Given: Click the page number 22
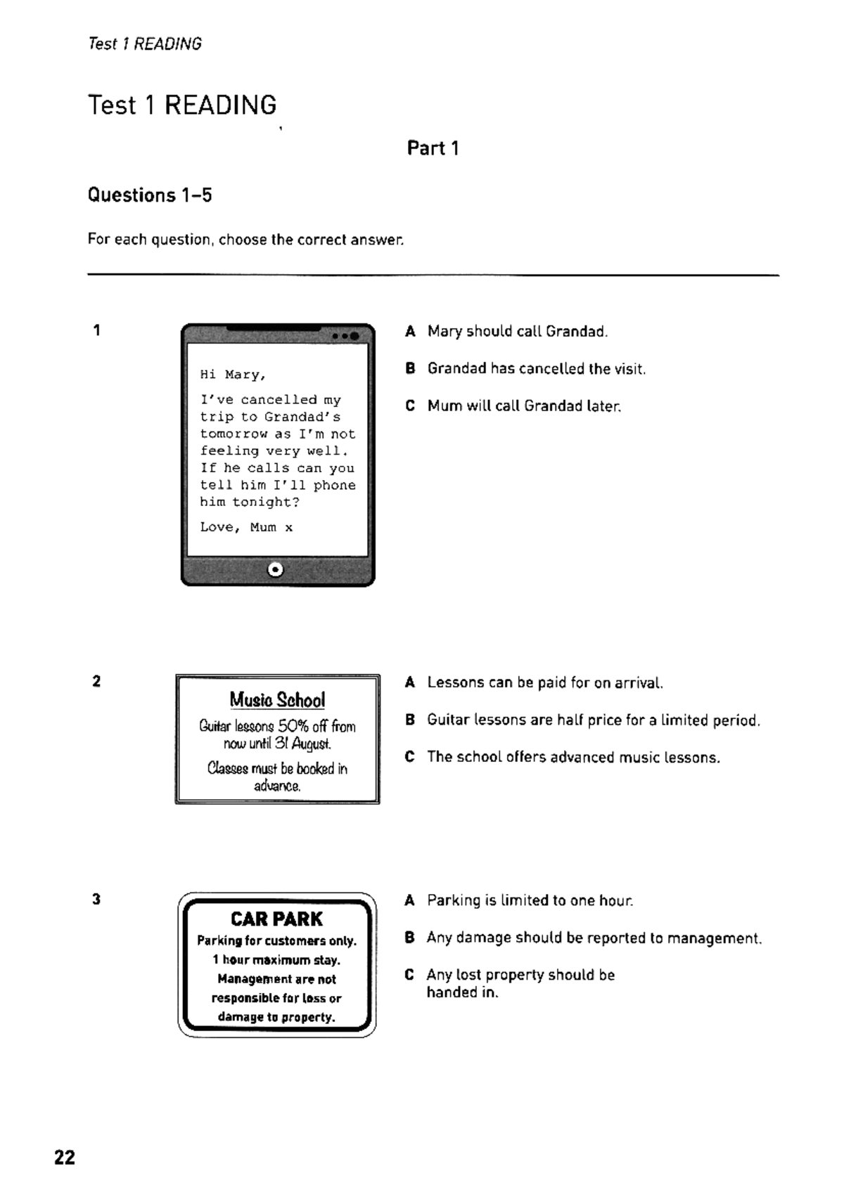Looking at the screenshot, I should point(65,1157).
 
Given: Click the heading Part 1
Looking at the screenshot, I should point(433,148).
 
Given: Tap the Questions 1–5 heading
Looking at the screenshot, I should point(150,195).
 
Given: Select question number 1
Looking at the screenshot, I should point(96,330).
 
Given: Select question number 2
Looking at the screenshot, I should point(96,681).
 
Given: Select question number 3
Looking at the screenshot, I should point(96,899).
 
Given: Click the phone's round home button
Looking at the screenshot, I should point(276,569).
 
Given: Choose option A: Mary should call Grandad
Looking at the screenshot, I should point(517,331).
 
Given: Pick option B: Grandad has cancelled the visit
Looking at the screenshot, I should point(536,368).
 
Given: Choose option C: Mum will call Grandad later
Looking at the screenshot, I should point(524,406).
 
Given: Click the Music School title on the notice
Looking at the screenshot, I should point(277,700).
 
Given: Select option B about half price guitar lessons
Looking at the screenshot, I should point(593,720).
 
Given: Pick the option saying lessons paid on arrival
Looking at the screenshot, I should point(544,682).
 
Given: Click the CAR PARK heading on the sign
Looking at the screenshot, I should point(276,919).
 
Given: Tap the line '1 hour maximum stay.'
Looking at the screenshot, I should point(276,960).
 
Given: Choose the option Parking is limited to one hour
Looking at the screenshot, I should point(530,900).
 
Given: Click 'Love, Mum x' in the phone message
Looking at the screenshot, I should point(246,527).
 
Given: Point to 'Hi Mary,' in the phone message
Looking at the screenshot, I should point(233,375).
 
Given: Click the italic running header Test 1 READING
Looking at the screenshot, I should point(145,44).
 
